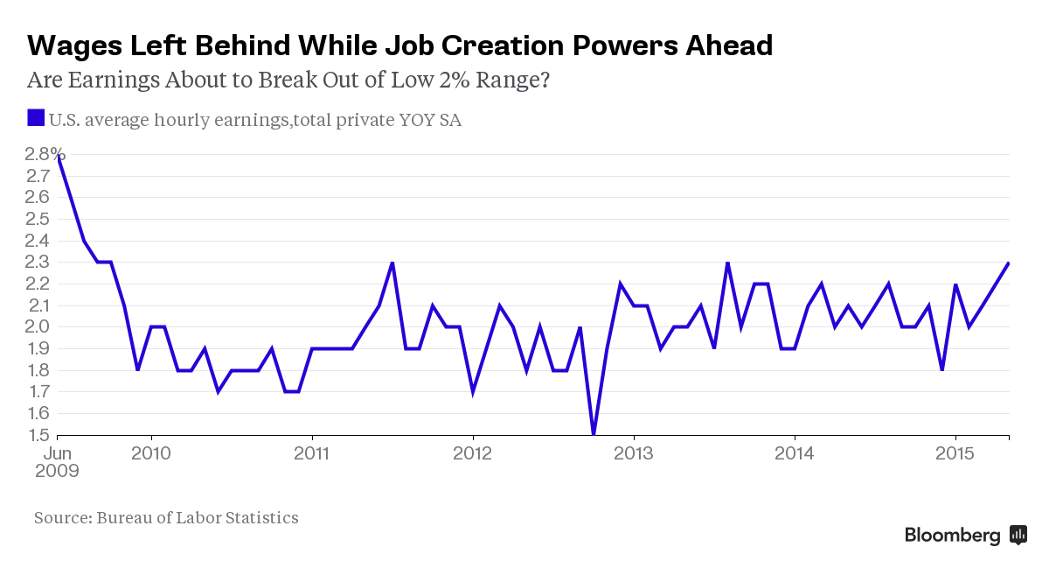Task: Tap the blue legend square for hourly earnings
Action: point(36,118)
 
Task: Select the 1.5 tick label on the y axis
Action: point(38,436)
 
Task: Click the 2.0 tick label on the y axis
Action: point(38,327)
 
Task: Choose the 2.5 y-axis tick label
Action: point(38,220)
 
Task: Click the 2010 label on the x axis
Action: point(151,453)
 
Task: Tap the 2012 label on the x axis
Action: point(473,453)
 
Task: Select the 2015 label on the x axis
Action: point(955,453)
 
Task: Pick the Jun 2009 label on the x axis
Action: point(57,461)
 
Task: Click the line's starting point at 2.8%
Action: point(58,156)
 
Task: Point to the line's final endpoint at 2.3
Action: point(1009,263)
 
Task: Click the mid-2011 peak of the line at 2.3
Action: point(393,263)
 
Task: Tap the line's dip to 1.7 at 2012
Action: point(473,392)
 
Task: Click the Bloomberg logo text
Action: point(952,536)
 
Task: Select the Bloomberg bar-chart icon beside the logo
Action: point(1018,535)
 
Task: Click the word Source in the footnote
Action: point(61,518)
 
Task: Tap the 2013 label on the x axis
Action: point(633,453)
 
